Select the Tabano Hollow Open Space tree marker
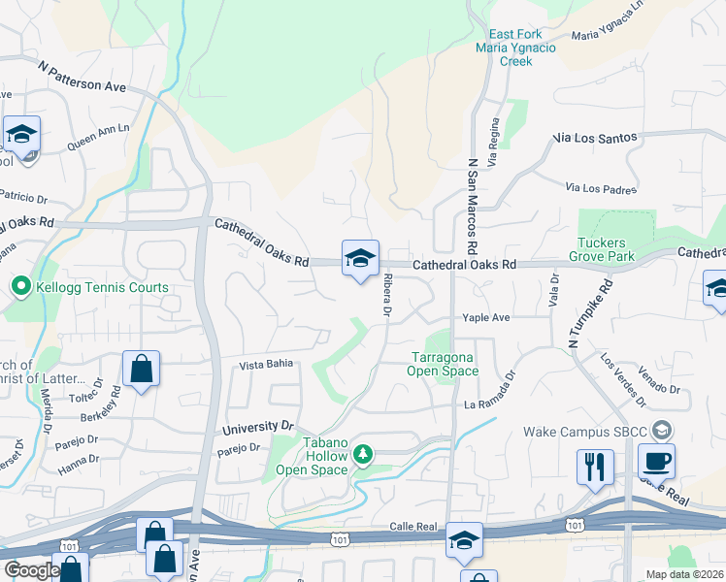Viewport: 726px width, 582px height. (x=363, y=453)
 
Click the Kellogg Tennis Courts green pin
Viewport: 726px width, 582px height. (x=19, y=287)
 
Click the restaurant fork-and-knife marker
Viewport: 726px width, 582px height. (x=594, y=466)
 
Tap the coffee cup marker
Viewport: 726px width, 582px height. (x=656, y=462)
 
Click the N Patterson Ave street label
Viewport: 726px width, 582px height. (x=83, y=78)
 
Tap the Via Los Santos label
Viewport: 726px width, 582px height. (x=595, y=139)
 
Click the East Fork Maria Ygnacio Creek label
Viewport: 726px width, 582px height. (x=503, y=48)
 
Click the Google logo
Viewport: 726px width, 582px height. (x=31, y=570)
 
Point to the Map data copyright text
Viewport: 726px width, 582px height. (x=683, y=574)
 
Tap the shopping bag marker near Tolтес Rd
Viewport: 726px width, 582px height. (x=142, y=369)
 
